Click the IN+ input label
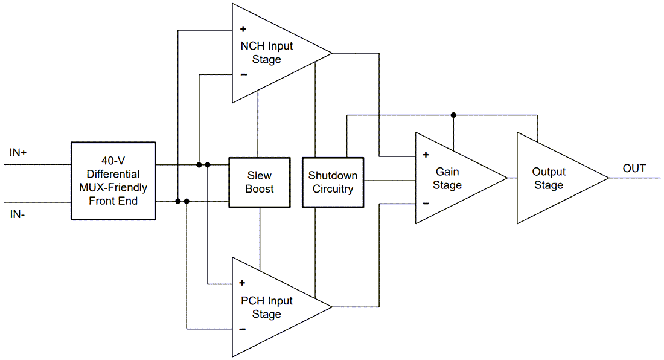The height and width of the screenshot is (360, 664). (18, 153)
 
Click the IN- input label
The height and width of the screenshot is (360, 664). (18, 213)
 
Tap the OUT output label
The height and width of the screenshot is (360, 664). (634, 169)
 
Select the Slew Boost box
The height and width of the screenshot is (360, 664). (260, 182)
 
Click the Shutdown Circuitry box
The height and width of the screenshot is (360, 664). (333, 182)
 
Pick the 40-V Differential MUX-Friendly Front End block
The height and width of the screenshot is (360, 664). (113, 181)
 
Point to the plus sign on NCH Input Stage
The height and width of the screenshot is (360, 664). (243, 29)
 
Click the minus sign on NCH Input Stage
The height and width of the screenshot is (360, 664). (243, 75)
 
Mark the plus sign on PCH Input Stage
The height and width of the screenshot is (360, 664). (242, 283)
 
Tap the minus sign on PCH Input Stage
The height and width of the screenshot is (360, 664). (242, 329)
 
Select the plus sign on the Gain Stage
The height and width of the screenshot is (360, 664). (426, 155)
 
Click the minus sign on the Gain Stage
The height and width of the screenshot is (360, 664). (426, 204)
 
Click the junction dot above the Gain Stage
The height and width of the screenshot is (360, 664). (453, 115)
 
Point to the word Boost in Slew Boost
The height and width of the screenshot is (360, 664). (260, 189)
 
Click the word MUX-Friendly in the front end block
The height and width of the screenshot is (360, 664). (113, 188)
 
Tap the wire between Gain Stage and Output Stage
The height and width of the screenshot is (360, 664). (512, 178)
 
